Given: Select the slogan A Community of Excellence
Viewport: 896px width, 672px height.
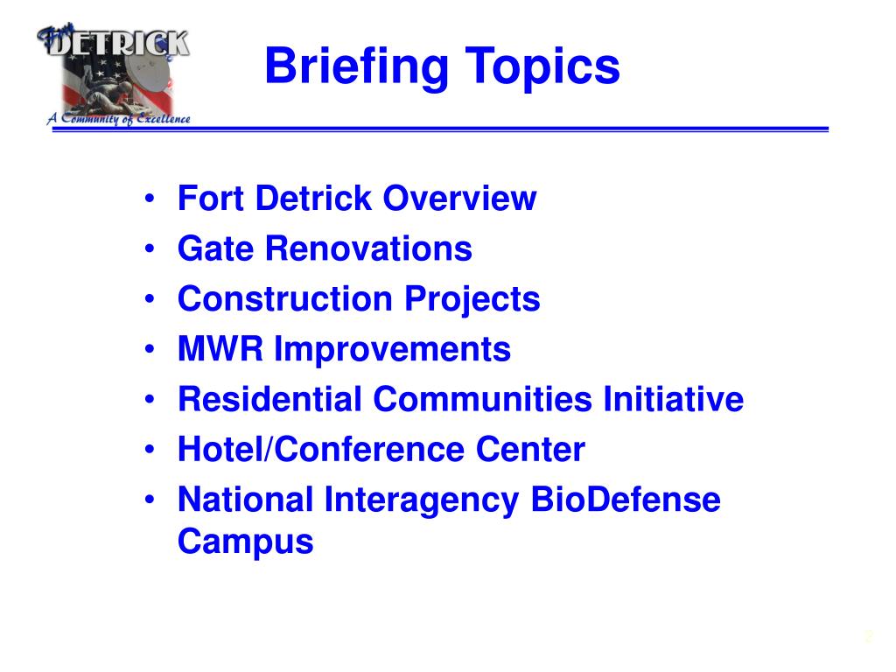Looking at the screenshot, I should coord(118,120).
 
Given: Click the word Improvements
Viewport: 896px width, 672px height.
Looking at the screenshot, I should coord(392,350).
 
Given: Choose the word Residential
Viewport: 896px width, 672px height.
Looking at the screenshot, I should coord(269,400).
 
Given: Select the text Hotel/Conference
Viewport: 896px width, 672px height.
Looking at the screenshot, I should coord(321,451).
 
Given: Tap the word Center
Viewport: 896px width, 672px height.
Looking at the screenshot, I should coord(530,451).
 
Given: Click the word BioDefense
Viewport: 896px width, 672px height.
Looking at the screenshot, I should coord(626,500).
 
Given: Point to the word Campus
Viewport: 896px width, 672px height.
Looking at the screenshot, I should coord(245,542).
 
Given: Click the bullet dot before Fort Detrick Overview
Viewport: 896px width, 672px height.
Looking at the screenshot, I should coord(152,199).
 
